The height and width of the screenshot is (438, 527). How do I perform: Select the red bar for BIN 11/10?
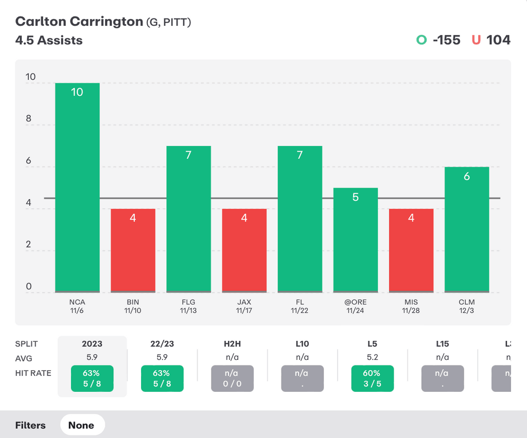pyautogui.click(x=133, y=250)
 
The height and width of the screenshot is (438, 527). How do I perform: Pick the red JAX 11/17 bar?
pyautogui.click(x=244, y=250)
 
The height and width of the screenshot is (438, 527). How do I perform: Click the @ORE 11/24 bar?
pyautogui.click(x=355, y=240)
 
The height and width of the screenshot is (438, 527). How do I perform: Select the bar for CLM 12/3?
pyautogui.click(x=467, y=230)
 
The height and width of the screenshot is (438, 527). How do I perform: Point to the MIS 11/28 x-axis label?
pyautogui.click(x=411, y=306)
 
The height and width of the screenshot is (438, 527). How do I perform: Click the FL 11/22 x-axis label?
pyautogui.click(x=300, y=306)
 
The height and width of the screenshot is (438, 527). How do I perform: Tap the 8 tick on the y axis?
pyautogui.click(x=29, y=119)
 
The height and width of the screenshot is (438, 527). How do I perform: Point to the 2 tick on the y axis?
pyautogui.click(x=29, y=244)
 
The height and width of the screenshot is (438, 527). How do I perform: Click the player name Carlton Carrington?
pyautogui.click(x=79, y=22)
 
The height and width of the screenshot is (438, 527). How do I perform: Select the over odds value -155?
pyautogui.click(x=446, y=40)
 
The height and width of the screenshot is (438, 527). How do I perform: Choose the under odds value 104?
pyautogui.click(x=498, y=40)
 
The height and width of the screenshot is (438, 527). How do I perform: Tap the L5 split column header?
pyautogui.click(x=372, y=343)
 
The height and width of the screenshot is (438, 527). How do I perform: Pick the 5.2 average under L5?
pyautogui.click(x=372, y=357)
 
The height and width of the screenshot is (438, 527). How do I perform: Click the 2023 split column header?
pyautogui.click(x=92, y=343)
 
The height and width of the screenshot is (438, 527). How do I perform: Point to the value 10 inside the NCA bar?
pyautogui.click(x=77, y=93)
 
